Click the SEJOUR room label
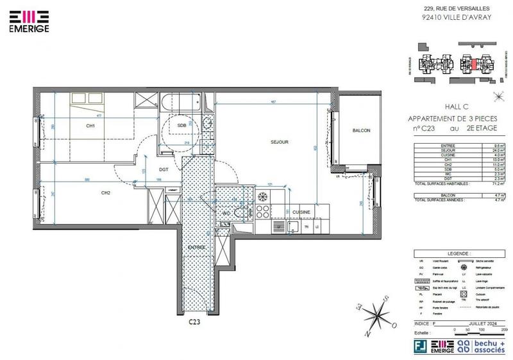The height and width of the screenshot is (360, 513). (x=278, y=142)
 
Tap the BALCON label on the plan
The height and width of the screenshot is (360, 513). (x=361, y=131)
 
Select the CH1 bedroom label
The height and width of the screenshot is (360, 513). (x=90, y=126)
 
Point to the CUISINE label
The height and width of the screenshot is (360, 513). (x=301, y=212)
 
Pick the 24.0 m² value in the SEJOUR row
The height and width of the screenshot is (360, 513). (x=497, y=150)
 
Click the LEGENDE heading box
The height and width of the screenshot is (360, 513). (x=455, y=253)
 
